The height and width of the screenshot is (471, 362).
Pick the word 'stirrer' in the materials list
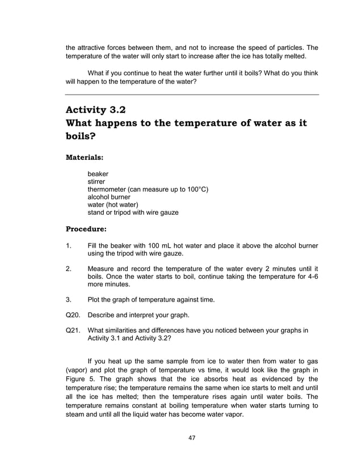(97, 181)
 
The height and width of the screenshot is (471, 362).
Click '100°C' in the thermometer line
(197, 189)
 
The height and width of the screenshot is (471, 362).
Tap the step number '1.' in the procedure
(69, 245)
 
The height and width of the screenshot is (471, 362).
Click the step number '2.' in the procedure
(69, 268)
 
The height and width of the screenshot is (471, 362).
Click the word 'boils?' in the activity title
(81, 137)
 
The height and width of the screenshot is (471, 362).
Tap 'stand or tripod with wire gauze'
(133, 213)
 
